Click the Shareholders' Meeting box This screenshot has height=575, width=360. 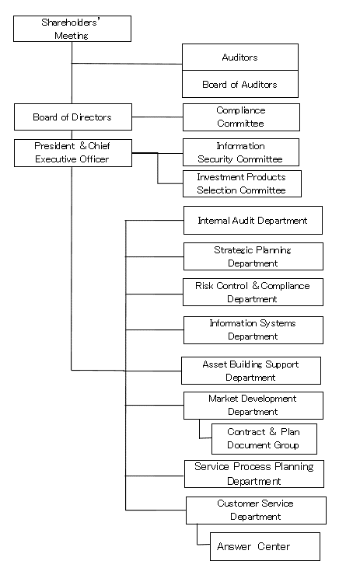(72, 29)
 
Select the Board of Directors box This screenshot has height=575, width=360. (73, 117)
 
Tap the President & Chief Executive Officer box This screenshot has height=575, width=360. (73, 153)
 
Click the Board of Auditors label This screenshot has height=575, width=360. (239, 85)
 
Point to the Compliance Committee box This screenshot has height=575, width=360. (242, 117)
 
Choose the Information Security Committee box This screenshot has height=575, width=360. (241, 152)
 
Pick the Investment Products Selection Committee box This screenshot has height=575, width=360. (242, 183)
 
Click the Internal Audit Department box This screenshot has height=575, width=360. (253, 220)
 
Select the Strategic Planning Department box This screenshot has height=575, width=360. (253, 256)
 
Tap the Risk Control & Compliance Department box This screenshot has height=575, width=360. (253, 292)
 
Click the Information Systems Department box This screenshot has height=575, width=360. (253, 330)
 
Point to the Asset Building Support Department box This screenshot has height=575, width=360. (251, 371)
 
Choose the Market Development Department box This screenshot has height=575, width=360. (253, 406)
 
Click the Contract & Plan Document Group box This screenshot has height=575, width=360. (264, 439)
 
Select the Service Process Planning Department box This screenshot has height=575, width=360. (254, 474)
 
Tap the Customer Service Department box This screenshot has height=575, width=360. (256, 511)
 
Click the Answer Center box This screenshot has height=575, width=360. (265, 546)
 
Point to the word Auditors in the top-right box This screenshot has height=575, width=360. (239, 57)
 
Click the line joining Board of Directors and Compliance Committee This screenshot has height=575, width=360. (157, 117)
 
